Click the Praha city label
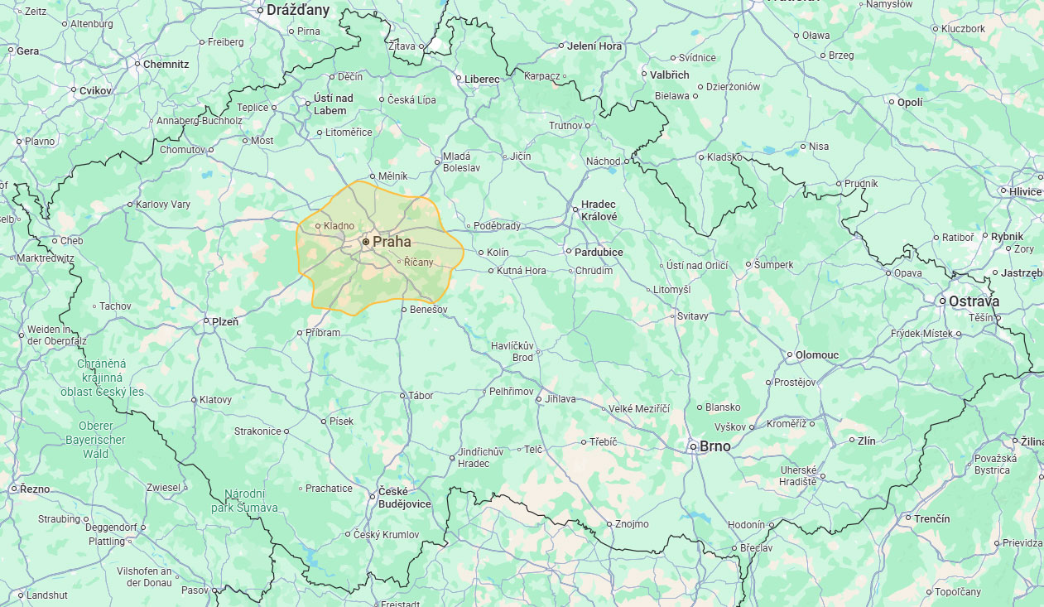point(392,242)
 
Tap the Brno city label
point(715,446)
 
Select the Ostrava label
point(974,301)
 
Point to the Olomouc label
point(817,355)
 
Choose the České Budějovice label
point(405,498)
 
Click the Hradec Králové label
point(599,210)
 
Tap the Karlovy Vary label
point(163,205)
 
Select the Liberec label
point(482,79)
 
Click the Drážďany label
point(298,11)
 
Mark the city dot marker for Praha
point(366,242)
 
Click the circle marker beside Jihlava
point(538,399)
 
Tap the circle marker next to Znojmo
point(609,524)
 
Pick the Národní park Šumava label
point(251,501)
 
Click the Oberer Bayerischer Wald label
point(95,440)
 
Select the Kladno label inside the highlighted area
point(339,226)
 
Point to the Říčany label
point(419,262)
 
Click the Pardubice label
point(600,252)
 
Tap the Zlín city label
point(866,441)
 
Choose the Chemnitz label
point(166,64)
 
